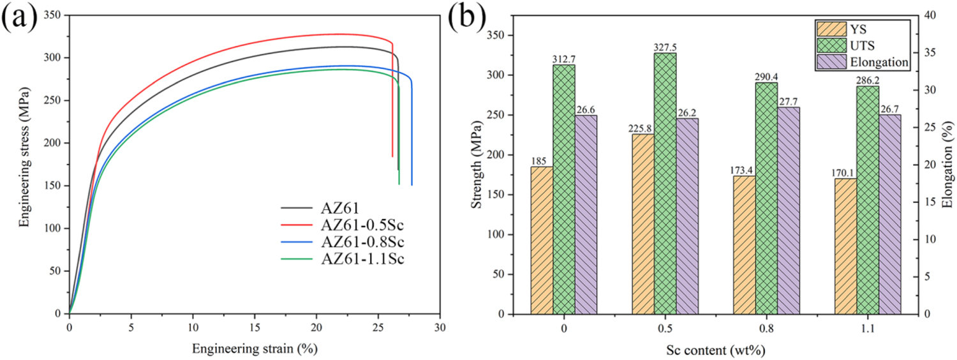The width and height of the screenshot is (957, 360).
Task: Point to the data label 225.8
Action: (642, 128)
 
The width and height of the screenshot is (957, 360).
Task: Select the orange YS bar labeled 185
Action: (542, 240)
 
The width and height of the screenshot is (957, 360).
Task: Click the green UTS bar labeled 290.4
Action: (766, 198)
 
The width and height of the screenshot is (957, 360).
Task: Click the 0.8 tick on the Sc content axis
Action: (766, 329)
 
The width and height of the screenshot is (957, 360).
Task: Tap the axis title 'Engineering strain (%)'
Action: (254, 349)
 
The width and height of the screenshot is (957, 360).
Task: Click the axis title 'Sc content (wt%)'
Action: (715, 350)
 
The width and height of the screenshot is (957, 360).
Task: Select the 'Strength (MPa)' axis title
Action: (476, 164)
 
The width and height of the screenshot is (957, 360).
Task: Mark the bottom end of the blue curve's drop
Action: (412, 184)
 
